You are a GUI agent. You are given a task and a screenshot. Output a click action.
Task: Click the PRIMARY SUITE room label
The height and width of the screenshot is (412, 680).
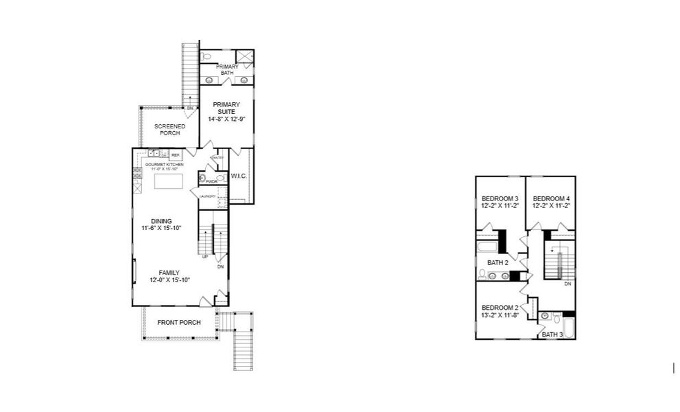226,111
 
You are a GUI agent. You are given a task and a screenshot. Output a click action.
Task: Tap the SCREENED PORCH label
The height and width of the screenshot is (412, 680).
169,129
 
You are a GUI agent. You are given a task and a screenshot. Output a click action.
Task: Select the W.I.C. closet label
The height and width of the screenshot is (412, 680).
239,176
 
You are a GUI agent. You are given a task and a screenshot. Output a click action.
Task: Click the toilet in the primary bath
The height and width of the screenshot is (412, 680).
207,56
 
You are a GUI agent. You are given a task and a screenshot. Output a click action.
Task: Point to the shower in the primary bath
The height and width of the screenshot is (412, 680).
244,56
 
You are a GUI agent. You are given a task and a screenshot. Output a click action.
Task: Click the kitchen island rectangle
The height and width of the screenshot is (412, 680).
169,181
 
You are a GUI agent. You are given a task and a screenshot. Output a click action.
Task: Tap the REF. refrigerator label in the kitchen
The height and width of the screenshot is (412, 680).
176,156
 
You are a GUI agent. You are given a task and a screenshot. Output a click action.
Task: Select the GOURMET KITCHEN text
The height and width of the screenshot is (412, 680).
164,165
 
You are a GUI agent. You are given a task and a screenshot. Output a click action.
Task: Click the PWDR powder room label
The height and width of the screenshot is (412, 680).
211,182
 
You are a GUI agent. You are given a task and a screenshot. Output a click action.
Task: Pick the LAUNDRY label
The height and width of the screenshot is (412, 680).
208,196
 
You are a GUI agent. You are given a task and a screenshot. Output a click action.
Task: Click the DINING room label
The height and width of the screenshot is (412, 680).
162,225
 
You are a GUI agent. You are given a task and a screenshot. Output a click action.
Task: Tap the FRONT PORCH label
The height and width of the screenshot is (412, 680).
179,323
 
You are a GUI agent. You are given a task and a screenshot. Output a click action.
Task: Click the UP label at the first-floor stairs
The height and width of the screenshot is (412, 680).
204,257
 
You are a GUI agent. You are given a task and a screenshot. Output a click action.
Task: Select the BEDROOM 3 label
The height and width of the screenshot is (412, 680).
500,202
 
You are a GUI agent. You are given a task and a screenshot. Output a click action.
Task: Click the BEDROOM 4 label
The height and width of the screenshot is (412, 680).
551,202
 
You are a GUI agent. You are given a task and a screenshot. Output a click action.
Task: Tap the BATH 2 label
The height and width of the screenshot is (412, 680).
497,262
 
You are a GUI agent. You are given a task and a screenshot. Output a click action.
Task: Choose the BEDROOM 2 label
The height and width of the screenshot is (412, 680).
499,311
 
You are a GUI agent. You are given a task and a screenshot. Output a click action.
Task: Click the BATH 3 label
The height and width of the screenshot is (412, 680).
552,334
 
